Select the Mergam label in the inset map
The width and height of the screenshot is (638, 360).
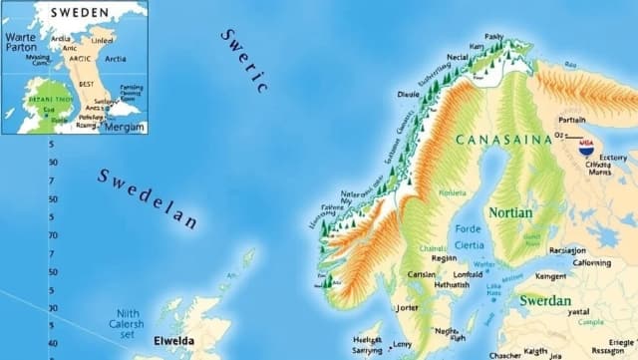coord(126,128)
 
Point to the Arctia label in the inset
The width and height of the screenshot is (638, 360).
coord(115,59)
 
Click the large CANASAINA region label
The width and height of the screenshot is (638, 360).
coord(503,140)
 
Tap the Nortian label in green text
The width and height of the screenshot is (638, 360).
coord(510,212)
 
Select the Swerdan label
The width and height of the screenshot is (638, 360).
coord(544,300)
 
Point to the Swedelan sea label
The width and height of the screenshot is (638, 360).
coord(147,196)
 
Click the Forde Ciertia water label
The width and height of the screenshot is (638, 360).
coord(469,237)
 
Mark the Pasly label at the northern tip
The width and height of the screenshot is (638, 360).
coord(493,37)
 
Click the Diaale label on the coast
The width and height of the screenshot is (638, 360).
coord(409,94)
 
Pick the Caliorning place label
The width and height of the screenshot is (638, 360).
coord(592,263)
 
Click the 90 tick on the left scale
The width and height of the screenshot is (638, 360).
coord(53,162)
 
